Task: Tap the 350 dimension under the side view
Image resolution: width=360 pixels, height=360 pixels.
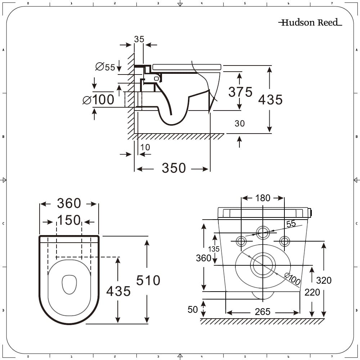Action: [174, 168]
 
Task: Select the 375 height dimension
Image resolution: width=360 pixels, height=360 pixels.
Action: [240, 92]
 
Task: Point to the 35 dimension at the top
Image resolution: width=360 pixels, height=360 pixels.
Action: [139, 39]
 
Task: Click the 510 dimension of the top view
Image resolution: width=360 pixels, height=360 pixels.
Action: [148, 280]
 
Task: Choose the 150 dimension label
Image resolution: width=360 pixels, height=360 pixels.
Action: [69, 220]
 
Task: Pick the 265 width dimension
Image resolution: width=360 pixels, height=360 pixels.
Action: [262, 312]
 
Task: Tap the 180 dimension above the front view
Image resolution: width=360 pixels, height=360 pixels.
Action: [263, 198]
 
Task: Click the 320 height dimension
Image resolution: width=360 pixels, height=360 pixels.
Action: [323, 280]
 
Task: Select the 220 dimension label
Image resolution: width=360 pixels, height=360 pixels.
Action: [312, 292]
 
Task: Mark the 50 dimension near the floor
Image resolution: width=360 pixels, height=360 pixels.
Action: [193, 309]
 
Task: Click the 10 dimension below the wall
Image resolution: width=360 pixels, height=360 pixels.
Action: [145, 147]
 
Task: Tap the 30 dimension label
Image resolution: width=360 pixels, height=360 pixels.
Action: [239, 123]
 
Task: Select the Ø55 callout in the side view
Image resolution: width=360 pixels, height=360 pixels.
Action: [105, 67]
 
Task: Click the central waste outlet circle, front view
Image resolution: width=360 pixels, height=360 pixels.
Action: [263, 265]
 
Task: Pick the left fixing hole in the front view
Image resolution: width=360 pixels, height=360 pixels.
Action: [241, 241]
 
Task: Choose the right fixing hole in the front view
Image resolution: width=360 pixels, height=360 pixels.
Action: [284, 241]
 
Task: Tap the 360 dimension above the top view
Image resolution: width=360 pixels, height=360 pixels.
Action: [69, 203]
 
